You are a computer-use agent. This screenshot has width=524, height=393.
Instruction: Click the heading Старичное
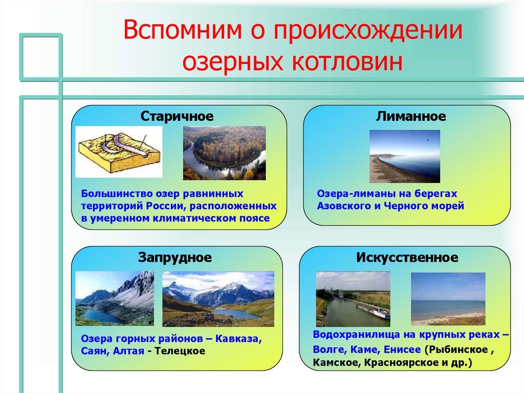(x=177, y=116)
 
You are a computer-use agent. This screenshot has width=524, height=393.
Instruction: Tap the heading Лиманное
(x=411, y=116)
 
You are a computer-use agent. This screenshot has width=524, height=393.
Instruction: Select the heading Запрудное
(x=175, y=257)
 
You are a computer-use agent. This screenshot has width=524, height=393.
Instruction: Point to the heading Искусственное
(x=407, y=257)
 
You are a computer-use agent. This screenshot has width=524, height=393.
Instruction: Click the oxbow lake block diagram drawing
(x=119, y=152)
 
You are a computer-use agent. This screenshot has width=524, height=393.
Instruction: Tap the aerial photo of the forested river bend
(x=224, y=153)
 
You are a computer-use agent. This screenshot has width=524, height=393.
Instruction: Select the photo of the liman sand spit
(x=405, y=156)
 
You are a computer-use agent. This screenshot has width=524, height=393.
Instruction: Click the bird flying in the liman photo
(x=427, y=140)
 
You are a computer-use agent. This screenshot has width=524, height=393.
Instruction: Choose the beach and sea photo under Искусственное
(x=448, y=299)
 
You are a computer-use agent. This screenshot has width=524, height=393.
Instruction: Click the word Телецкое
(x=180, y=351)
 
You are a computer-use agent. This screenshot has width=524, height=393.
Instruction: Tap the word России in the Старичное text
(x=166, y=205)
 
